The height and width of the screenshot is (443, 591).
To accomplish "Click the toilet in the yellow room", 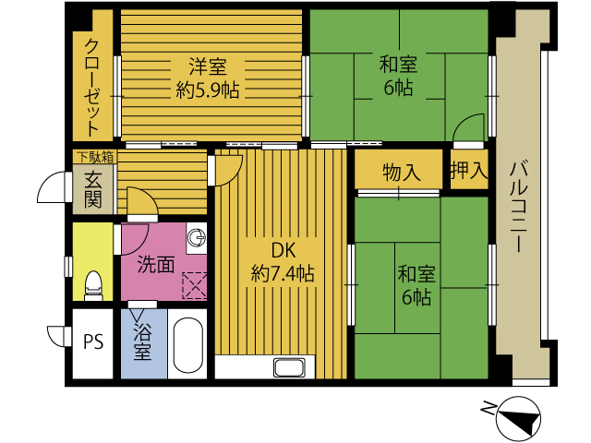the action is click(x=93, y=285).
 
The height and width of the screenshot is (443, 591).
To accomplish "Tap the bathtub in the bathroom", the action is click(x=188, y=345).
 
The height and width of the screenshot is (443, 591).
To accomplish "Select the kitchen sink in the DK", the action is click(x=289, y=367).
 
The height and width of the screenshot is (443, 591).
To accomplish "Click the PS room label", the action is click(x=93, y=342).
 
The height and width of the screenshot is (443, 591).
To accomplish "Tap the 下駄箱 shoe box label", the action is click(x=96, y=157).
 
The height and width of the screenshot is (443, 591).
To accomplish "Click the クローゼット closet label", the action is click(x=92, y=88).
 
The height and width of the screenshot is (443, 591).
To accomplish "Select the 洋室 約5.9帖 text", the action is click(x=207, y=78).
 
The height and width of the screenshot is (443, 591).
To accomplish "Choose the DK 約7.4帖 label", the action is click(x=283, y=262).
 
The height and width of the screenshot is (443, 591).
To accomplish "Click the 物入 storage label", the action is click(x=401, y=173).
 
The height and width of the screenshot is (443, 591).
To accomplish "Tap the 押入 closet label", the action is click(x=469, y=170).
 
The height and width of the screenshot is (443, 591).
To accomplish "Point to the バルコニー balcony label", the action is click(x=519, y=207).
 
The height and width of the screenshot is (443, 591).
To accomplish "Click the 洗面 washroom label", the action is click(x=156, y=264).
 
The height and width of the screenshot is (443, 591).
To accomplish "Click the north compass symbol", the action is click(x=519, y=419).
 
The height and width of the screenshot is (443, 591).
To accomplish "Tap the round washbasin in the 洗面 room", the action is click(x=197, y=237).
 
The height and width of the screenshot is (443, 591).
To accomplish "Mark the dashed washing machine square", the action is click(x=195, y=285).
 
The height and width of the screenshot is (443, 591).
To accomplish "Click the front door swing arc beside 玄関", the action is click(x=51, y=186).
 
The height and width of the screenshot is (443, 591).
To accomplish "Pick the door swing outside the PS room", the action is click(x=55, y=336).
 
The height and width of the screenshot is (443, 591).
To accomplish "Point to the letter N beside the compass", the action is click(x=488, y=408).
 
